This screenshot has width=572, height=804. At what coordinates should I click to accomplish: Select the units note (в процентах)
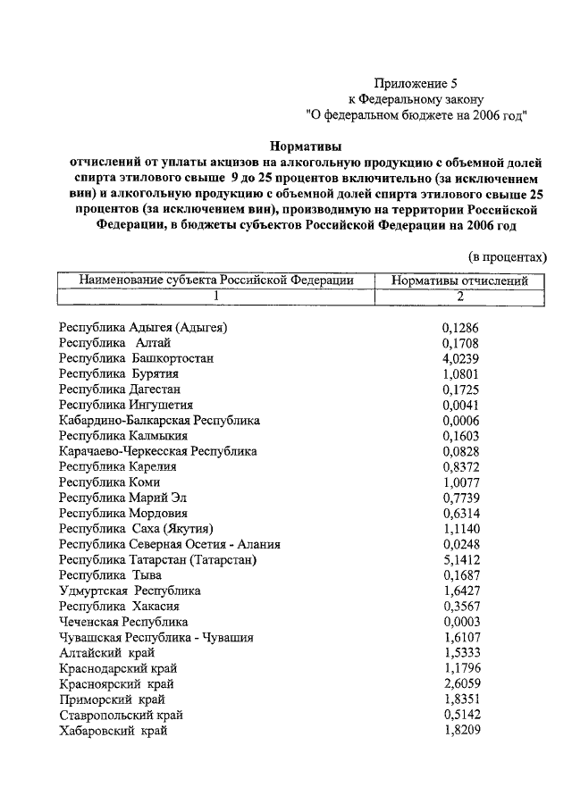[x=507, y=255]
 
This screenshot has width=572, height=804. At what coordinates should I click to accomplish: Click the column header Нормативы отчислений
[x=460, y=281]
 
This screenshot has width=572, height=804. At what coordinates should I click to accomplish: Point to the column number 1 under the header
[x=215, y=296]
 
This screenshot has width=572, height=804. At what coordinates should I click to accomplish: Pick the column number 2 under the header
[x=460, y=296]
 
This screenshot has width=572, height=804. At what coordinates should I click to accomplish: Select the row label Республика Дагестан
[x=120, y=390]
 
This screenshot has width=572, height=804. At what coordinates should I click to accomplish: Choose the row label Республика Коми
[x=110, y=482]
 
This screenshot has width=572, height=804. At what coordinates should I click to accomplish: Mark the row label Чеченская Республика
[x=123, y=622]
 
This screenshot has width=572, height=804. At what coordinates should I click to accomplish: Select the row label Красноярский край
[x=116, y=684]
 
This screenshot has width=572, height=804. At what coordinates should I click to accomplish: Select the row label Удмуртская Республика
[x=130, y=591]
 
